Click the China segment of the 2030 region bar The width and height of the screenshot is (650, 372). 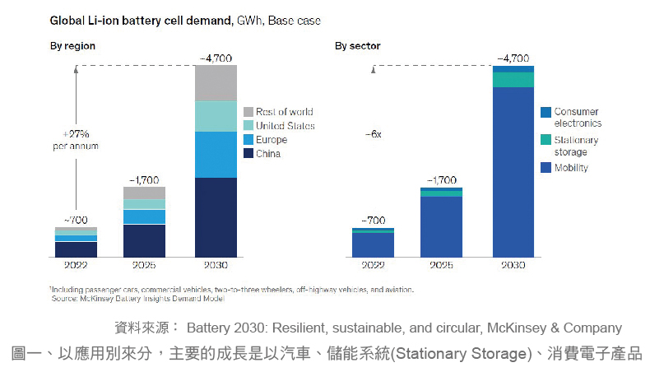point(216,216)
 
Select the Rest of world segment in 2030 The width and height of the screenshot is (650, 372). point(216,82)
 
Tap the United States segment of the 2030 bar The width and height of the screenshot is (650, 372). point(216,116)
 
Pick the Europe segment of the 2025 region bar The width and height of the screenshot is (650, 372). point(144,216)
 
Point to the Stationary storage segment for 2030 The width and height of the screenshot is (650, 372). point(513,79)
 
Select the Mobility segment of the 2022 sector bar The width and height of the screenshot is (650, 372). point(373,244)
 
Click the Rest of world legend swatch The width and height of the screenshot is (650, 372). point(248,112)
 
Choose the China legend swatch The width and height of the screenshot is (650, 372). point(248,154)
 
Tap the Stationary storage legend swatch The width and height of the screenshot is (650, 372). point(545,141)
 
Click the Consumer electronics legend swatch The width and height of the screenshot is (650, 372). point(545,112)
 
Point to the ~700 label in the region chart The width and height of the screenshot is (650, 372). point(75,220)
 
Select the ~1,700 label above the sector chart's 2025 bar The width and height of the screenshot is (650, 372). point(441,179)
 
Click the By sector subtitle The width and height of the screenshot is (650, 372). point(356,46)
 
